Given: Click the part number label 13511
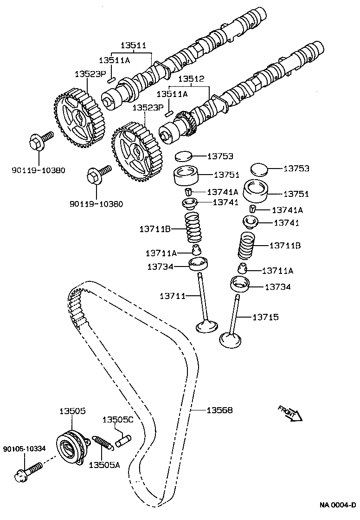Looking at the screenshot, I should pyautogui.click(x=133, y=45).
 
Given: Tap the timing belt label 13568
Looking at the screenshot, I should pyautogui.click(x=219, y=410).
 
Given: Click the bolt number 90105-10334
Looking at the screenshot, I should pyautogui.click(x=24, y=449).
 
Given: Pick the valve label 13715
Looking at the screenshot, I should pyautogui.click(x=265, y=317).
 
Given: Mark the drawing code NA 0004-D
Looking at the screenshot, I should pyautogui.click(x=337, y=505).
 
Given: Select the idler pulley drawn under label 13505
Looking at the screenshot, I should pyautogui.click(x=71, y=448).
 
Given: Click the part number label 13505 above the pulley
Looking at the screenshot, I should pyautogui.click(x=72, y=411).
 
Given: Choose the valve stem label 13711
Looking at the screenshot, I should pyautogui.click(x=173, y=296).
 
